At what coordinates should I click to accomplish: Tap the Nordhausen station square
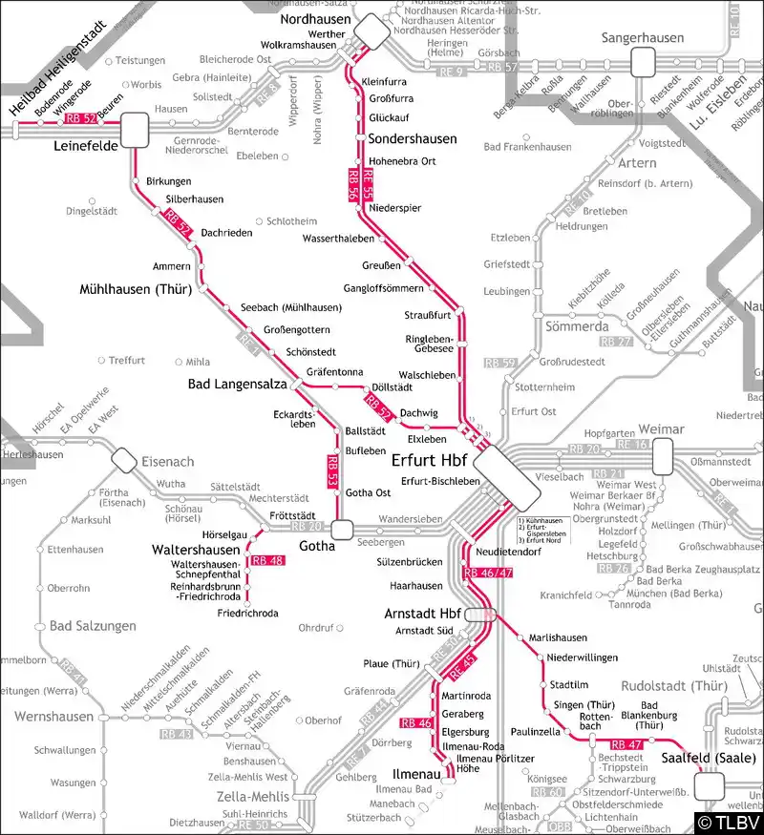pyautogui.click(x=371, y=34)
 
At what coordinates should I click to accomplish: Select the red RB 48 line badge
pyautogui.click(x=268, y=560)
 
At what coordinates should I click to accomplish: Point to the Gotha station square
pyautogui.click(x=342, y=529)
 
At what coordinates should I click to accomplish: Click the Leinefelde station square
pyautogui.click(x=135, y=129)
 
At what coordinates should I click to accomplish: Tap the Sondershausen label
pyautogui.click(x=413, y=138)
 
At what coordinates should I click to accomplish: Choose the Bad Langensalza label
pyautogui.click(x=234, y=384)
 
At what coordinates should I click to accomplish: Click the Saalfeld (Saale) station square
pyautogui.click(x=710, y=785)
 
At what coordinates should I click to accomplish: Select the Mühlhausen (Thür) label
pyautogui.click(x=137, y=288)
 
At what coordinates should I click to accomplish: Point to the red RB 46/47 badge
pyautogui.click(x=488, y=573)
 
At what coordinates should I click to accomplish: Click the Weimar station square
pyautogui.click(x=665, y=461)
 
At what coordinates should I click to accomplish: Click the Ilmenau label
pyautogui.click(x=416, y=774)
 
